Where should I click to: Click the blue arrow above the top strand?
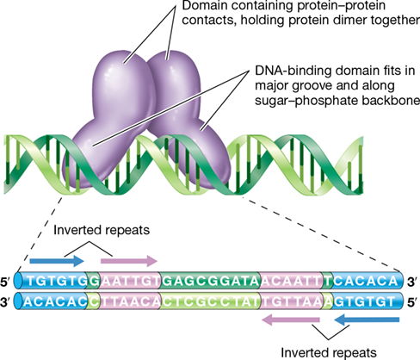click(x=57, y=261)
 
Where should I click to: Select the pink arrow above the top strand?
click(x=129, y=261)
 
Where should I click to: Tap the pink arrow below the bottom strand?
click(x=291, y=320)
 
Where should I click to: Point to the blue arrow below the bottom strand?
click(x=367, y=320)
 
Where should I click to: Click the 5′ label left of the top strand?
click(x=6, y=282)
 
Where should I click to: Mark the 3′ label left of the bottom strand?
click(x=6, y=302)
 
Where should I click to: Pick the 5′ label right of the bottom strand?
click(x=412, y=302)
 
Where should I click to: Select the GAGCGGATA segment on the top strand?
click(x=210, y=282)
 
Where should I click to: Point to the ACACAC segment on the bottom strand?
click(x=55, y=301)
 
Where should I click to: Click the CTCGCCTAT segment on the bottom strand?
click(x=210, y=301)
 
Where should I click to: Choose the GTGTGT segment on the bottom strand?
click(x=364, y=301)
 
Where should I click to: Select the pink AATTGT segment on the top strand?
click(x=130, y=282)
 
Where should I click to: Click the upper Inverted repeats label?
click(x=102, y=230)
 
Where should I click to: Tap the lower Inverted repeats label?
click(x=329, y=352)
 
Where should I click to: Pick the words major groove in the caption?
click(x=290, y=86)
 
